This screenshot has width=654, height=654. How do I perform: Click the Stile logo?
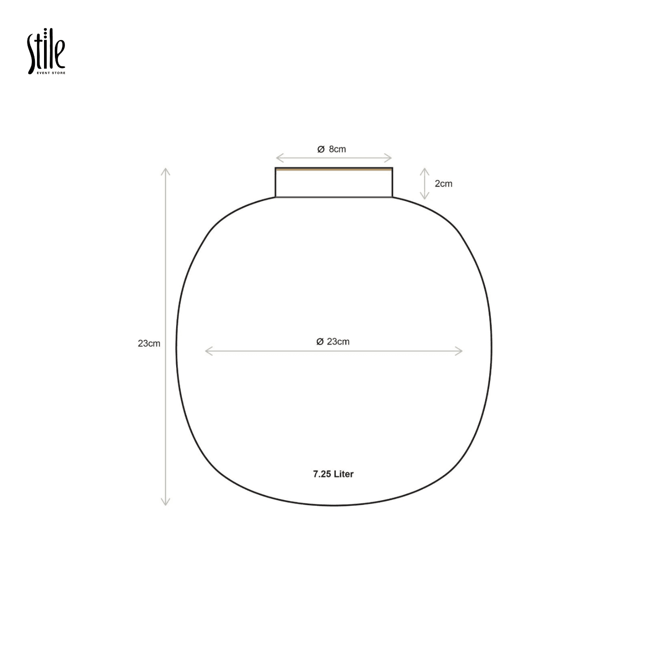(46, 51)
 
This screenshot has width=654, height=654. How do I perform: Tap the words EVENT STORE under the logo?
(51, 73)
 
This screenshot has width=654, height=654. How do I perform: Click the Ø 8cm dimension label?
(331, 149)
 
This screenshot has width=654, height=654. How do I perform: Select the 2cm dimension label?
(443, 184)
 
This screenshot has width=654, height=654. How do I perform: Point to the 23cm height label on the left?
(149, 344)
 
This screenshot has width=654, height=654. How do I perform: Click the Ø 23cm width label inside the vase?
(333, 342)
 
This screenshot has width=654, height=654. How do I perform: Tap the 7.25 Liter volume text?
(333, 474)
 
